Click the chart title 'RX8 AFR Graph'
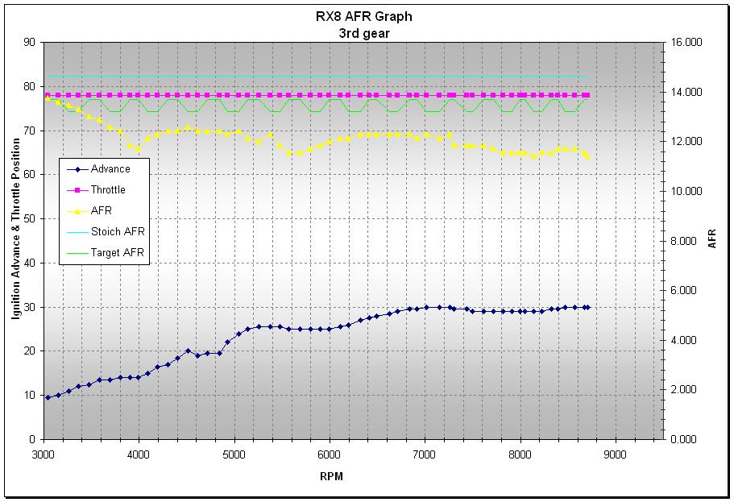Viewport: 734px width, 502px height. [363, 17]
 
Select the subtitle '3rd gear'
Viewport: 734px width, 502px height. [363, 34]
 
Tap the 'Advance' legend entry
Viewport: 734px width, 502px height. [99, 169]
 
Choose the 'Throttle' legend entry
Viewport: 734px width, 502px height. [97, 189]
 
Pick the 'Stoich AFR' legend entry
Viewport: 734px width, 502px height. [106, 231]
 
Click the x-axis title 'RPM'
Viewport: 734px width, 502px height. [331, 476]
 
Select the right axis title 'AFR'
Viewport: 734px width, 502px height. [712, 239]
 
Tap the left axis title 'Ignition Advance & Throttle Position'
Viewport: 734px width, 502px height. [16, 229]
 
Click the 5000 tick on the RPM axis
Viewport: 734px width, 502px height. [234, 454]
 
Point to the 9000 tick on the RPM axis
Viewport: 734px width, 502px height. [615, 454]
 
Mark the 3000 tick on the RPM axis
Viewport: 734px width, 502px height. [44, 454]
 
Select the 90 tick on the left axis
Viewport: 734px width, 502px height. [30, 42]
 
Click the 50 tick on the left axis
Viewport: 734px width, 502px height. [30, 218]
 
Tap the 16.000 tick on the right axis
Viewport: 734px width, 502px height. [686, 42]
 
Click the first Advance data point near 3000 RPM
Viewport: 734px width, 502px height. [48, 397]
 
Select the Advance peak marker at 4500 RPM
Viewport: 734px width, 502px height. [189, 351]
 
